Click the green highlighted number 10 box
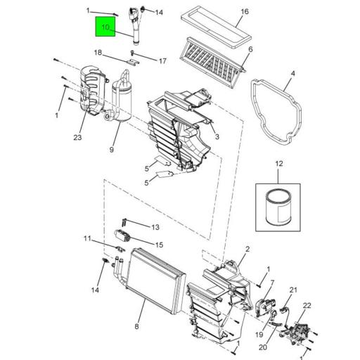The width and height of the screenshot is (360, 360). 106,28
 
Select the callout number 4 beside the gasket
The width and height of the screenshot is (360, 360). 293,72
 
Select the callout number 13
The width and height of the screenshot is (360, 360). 155,227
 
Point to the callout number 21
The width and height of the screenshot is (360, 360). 294,290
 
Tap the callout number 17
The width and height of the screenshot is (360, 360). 162,61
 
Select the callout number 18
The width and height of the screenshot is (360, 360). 99,52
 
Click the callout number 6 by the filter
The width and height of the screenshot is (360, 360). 250,49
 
